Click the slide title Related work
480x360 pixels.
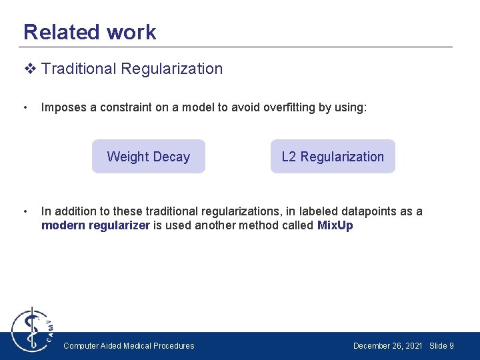tap(89, 32)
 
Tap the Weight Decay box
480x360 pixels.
tap(148, 157)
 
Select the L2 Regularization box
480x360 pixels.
tap(333, 157)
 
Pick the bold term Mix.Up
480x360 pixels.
tap(335, 225)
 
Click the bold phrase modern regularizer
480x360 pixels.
tap(95, 225)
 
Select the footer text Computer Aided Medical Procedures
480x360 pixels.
tap(129, 345)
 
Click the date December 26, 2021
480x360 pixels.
tap(387, 345)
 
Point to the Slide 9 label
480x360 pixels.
tap(442, 345)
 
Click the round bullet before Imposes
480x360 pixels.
tap(25, 107)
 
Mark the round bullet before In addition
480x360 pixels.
tap(25, 211)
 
